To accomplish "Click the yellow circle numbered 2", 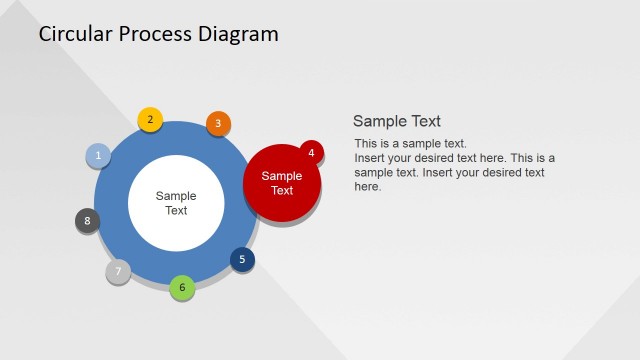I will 150,120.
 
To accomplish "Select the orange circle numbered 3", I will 218,124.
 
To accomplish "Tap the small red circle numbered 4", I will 311,153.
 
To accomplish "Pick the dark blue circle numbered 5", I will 242,260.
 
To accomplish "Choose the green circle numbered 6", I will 182,288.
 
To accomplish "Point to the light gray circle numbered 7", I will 118,271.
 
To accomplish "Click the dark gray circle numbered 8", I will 88,221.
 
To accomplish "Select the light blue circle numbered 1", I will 98,155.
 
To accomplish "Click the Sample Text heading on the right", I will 397,121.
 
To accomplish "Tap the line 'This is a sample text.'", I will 411,144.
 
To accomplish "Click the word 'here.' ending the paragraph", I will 368,186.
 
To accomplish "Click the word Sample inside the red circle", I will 282,177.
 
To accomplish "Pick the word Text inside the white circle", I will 176,211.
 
